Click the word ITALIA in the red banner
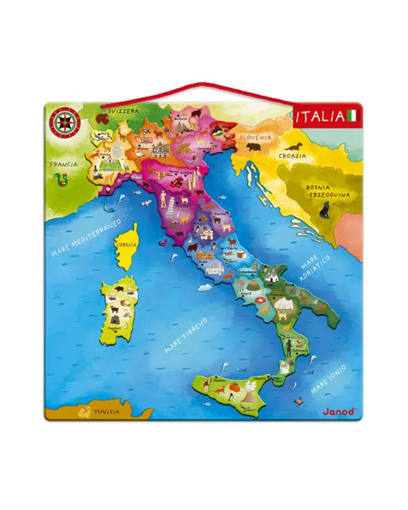click(320, 116)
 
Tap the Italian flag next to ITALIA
click(352, 116)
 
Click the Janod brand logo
click(338, 411)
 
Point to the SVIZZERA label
click(123, 111)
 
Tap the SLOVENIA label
click(257, 137)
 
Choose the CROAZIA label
click(292, 155)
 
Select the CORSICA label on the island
click(127, 245)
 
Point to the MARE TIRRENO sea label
click(186, 335)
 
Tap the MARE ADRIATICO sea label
click(314, 267)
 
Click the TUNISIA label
click(107, 411)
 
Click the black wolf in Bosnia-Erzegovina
click(325, 210)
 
